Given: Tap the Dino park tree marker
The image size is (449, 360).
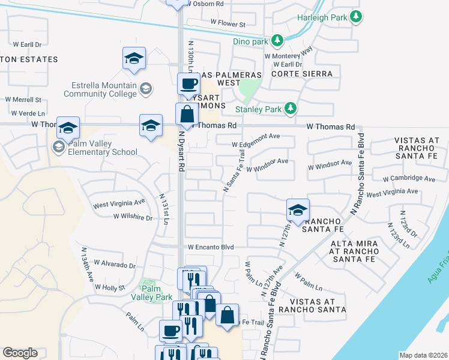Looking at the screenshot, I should coord(277,41).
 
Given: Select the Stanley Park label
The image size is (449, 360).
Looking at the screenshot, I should coord(258,109).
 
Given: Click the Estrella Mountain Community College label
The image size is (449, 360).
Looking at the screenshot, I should coord(100,89).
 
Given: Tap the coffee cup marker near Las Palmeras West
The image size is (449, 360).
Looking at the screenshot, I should coord(189,84).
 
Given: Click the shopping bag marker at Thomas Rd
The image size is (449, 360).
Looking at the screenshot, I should coord(187,113).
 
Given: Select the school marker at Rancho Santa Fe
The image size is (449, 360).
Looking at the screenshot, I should coord(297,210).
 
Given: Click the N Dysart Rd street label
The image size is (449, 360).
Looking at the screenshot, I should coord(179,157).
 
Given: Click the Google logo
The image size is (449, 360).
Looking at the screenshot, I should coord(20,353).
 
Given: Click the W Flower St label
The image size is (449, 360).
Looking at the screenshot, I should coord(228,25).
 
